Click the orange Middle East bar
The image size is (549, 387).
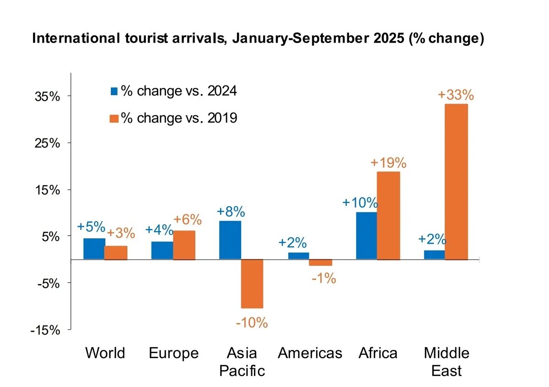pyautogui.click(x=456, y=182)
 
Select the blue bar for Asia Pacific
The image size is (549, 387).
pyautogui.click(x=230, y=240)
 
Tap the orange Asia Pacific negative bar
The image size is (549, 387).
pyautogui.click(x=252, y=284)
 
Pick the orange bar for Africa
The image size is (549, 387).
pyautogui.click(x=388, y=215)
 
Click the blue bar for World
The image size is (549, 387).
pyautogui.click(x=94, y=249)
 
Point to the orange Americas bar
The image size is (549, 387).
pyautogui.click(x=320, y=263)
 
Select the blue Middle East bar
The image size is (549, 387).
pyautogui.click(x=434, y=255)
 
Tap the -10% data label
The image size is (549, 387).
pyautogui.click(x=252, y=322)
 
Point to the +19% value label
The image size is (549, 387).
pyautogui.click(x=388, y=163)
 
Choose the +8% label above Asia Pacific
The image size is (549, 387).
pyautogui.click(x=231, y=212)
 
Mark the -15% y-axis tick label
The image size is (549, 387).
pyautogui.click(x=45, y=330)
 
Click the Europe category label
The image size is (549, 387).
pyautogui.click(x=174, y=353)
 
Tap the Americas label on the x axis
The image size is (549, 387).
pyautogui.click(x=310, y=353)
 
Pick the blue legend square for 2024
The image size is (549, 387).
pyautogui.click(x=114, y=91)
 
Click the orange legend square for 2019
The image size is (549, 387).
pyautogui.click(x=114, y=118)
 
